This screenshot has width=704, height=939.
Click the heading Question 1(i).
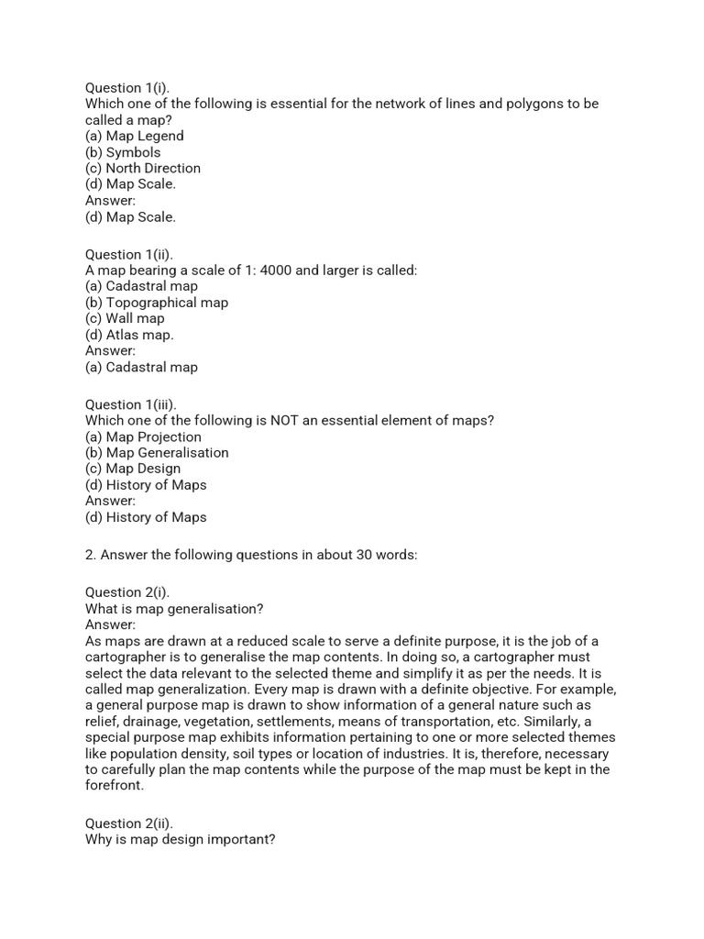127,88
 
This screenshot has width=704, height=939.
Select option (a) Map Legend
135,136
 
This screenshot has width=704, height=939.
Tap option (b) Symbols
123,152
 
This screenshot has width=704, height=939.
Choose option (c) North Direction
143,168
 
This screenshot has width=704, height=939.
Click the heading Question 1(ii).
129,254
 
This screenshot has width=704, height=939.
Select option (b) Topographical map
157,303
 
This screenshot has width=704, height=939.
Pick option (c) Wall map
125,318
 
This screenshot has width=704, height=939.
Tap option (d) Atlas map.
129,335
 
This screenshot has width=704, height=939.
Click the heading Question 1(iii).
131,404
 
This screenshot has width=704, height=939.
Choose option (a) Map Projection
143,436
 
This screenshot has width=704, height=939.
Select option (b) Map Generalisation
157,453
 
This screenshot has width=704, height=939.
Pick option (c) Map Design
133,469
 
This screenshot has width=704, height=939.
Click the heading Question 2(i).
127,592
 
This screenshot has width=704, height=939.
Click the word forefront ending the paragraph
115,786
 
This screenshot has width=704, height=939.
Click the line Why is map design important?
180,840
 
